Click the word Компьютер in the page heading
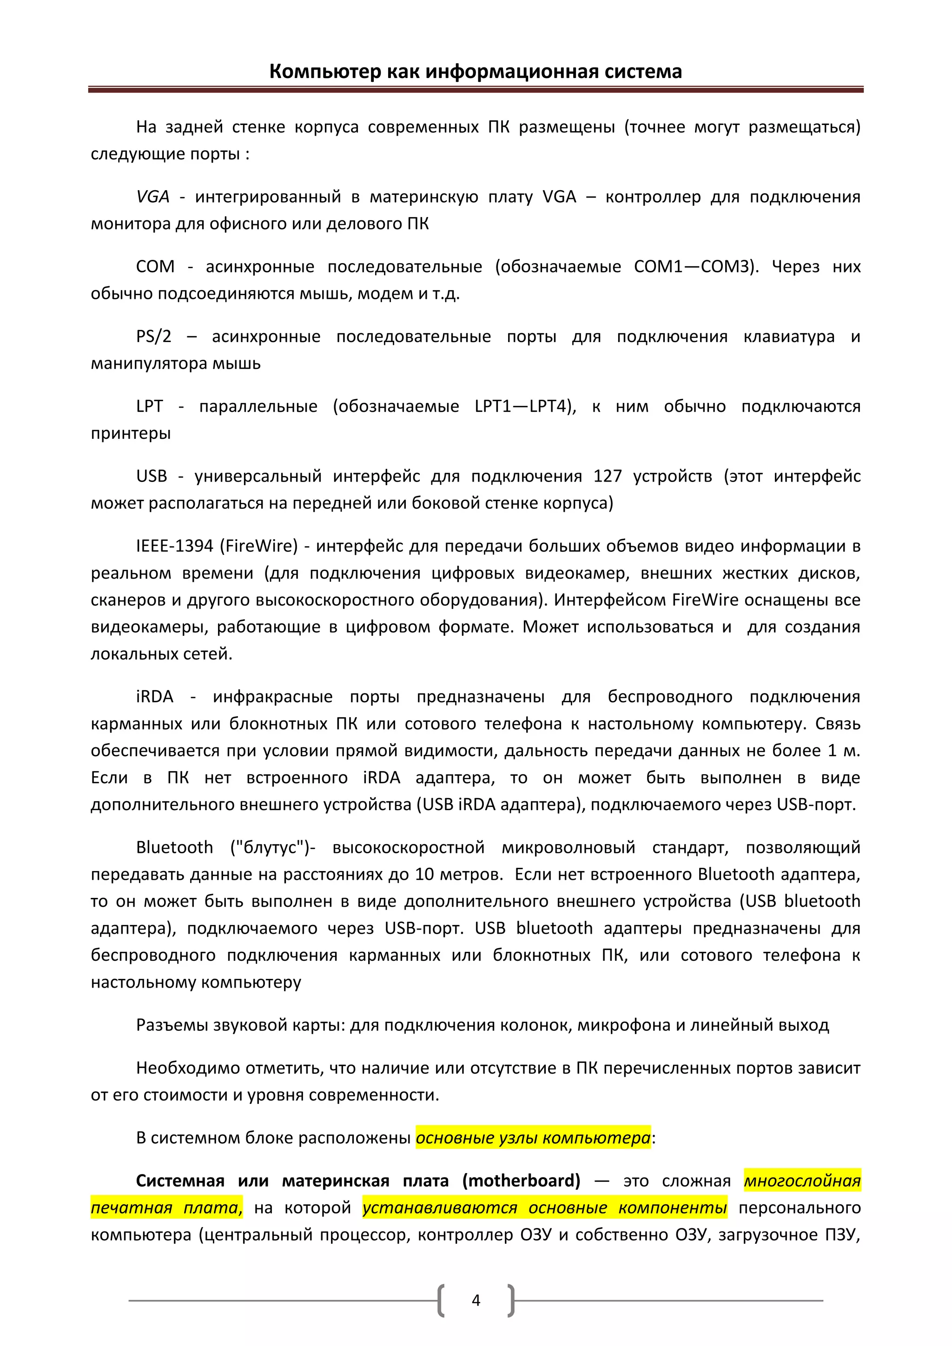(x=325, y=72)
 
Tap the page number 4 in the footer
(x=476, y=1300)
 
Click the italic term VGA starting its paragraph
(x=152, y=197)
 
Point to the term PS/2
(x=153, y=336)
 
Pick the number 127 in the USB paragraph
(x=607, y=476)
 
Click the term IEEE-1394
(x=174, y=546)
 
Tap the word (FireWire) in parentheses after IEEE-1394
(x=258, y=546)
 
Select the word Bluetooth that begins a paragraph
(x=174, y=847)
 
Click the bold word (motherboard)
(x=521, y=1181)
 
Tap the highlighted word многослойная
(x=802, y=1181)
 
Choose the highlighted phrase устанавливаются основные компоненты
(x=545, y=1207)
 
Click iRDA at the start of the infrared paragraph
(x=155, y=696)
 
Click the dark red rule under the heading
(x=476, y=90)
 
